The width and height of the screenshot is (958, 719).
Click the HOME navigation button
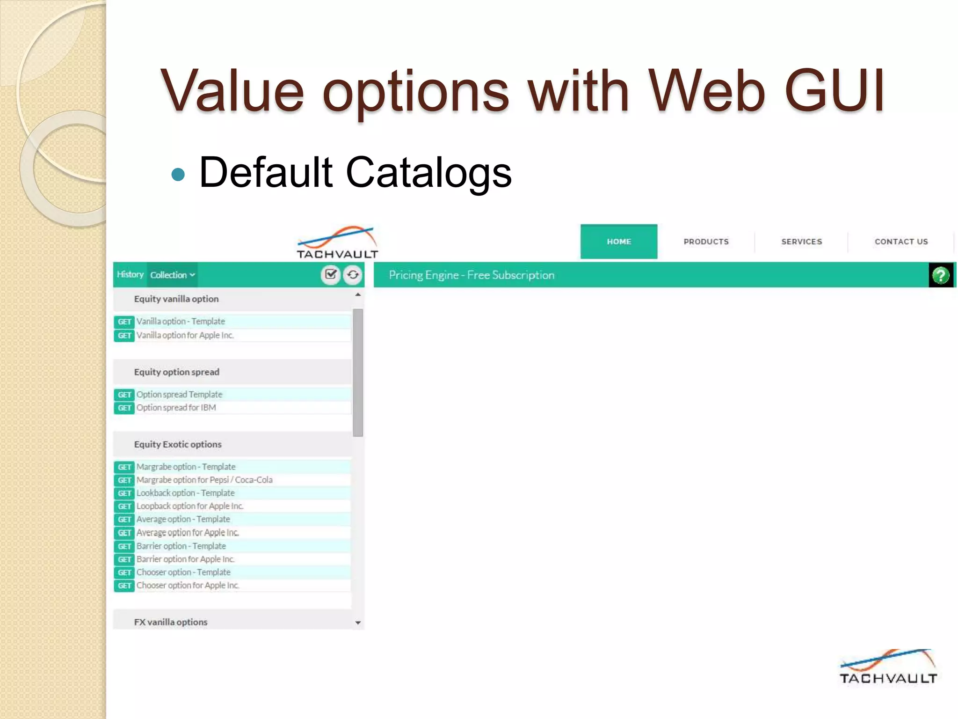point(618,242)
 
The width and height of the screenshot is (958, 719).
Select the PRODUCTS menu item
point(706,242)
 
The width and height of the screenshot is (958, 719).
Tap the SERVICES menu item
point(801,242)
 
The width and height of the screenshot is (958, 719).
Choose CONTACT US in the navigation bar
point(901,242)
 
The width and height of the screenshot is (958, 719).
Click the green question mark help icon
point(941,275)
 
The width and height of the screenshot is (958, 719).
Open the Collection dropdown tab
point(172,275)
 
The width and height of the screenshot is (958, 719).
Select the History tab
point(130,275)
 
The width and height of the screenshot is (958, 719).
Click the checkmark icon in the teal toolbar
point(331,274)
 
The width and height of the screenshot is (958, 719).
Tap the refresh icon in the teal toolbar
point(353,275)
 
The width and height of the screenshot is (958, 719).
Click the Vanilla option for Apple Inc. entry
point(185,335)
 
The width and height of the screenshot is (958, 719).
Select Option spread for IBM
point(176,408)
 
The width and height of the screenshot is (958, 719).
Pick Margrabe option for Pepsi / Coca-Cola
point(204,480)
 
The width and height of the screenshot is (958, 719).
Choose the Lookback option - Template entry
point(186,493)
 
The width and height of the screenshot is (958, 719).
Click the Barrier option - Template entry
point(181,546)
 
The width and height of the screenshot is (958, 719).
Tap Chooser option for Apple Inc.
point(188,586)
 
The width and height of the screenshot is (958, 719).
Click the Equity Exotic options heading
point(178,444)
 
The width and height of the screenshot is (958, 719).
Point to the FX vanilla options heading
point(171,622)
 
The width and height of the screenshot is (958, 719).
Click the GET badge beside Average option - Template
point(124,520)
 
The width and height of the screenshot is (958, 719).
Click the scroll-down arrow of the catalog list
point(358,623)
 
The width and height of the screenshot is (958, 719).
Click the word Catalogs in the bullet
point(428,172)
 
